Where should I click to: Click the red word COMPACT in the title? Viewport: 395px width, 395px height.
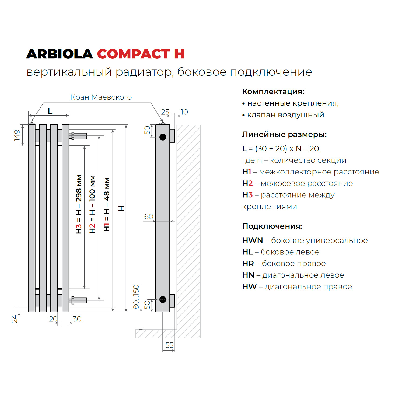[133, 54]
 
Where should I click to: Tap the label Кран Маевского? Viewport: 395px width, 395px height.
[101, 97]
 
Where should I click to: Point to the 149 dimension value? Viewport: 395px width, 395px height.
[17, 135]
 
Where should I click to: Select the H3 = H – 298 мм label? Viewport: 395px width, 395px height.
[79, 204]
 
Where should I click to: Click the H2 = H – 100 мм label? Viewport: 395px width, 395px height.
[92, 204]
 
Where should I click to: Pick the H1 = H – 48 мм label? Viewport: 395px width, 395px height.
[107, 204]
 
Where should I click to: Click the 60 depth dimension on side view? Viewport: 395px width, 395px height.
[149, 216]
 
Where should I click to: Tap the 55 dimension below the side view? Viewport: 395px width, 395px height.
[169, 345]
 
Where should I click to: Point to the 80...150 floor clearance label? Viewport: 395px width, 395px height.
[136, 297]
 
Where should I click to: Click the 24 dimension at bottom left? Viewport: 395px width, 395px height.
[15, 319]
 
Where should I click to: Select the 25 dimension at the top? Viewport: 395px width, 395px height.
[165, 112]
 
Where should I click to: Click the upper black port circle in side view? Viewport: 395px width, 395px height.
[163, 137]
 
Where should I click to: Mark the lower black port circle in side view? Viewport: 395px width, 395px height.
[163, 299]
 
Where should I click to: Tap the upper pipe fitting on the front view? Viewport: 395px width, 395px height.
[78, 136]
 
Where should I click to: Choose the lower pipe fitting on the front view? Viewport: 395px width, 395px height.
[78, 300]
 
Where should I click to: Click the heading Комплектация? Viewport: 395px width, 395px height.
[273, 92]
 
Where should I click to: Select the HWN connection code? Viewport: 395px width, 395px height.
[253, 240]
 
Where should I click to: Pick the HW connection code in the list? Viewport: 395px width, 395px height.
[250, 287]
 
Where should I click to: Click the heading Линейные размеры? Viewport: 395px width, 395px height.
[284, 134]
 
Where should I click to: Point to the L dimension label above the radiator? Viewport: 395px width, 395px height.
[50, 111]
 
